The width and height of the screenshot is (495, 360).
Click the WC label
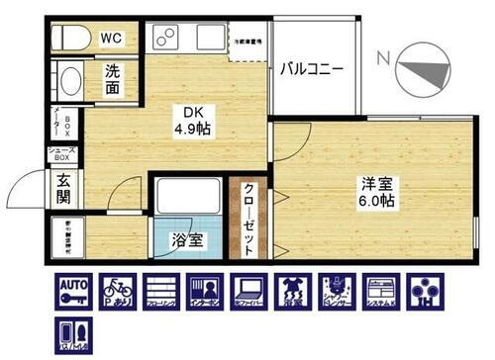[112, 38]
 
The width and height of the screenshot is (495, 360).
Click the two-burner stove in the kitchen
[165, 41]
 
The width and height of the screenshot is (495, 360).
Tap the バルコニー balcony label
[311, 69]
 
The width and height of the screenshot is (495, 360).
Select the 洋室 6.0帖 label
[377, 191]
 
